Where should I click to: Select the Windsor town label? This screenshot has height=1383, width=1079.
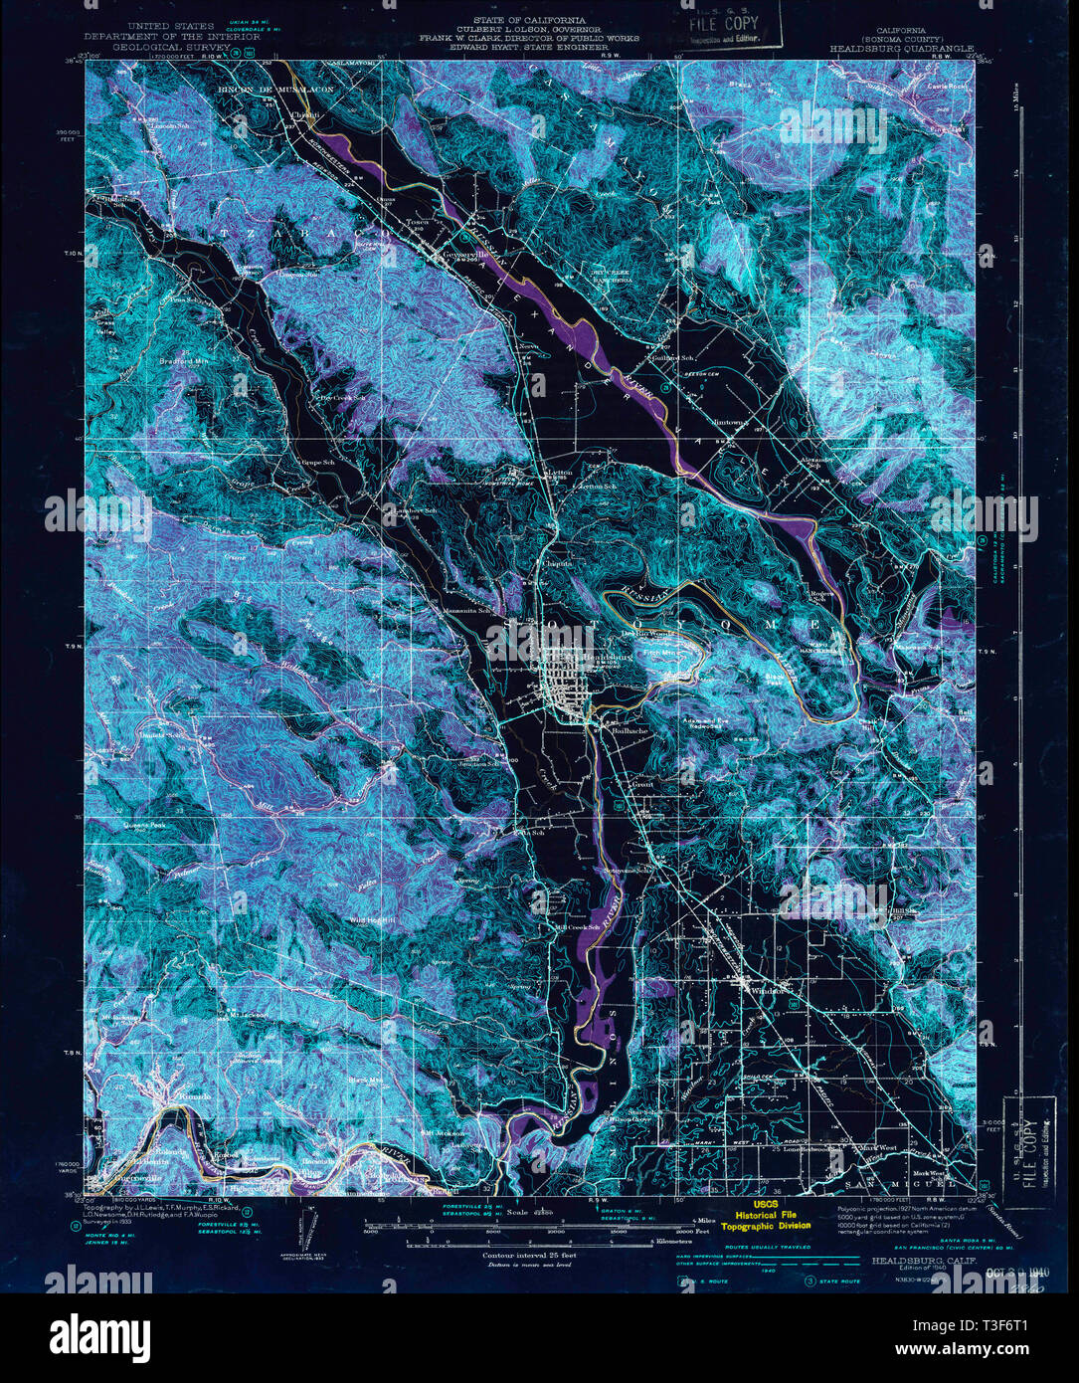click(767, 990)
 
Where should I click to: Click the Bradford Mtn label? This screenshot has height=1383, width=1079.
click(189, 361)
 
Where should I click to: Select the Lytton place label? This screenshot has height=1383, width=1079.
click(559, 472)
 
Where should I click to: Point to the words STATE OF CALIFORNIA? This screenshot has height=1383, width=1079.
click(528, 20)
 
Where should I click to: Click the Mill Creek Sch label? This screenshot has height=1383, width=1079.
click(579, 928)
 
